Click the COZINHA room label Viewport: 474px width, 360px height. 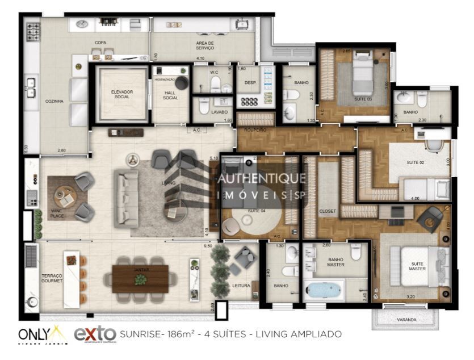54,101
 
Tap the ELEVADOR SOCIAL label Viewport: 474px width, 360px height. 122,94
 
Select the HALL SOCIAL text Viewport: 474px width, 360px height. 170,95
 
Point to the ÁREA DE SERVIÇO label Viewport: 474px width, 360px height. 205,45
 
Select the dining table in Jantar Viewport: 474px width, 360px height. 141,278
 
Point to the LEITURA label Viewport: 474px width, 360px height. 241,285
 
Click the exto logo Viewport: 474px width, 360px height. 95,334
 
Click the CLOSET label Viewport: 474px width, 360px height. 328,211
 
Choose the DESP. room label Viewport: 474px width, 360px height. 250,83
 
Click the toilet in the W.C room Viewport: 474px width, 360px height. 215,85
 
